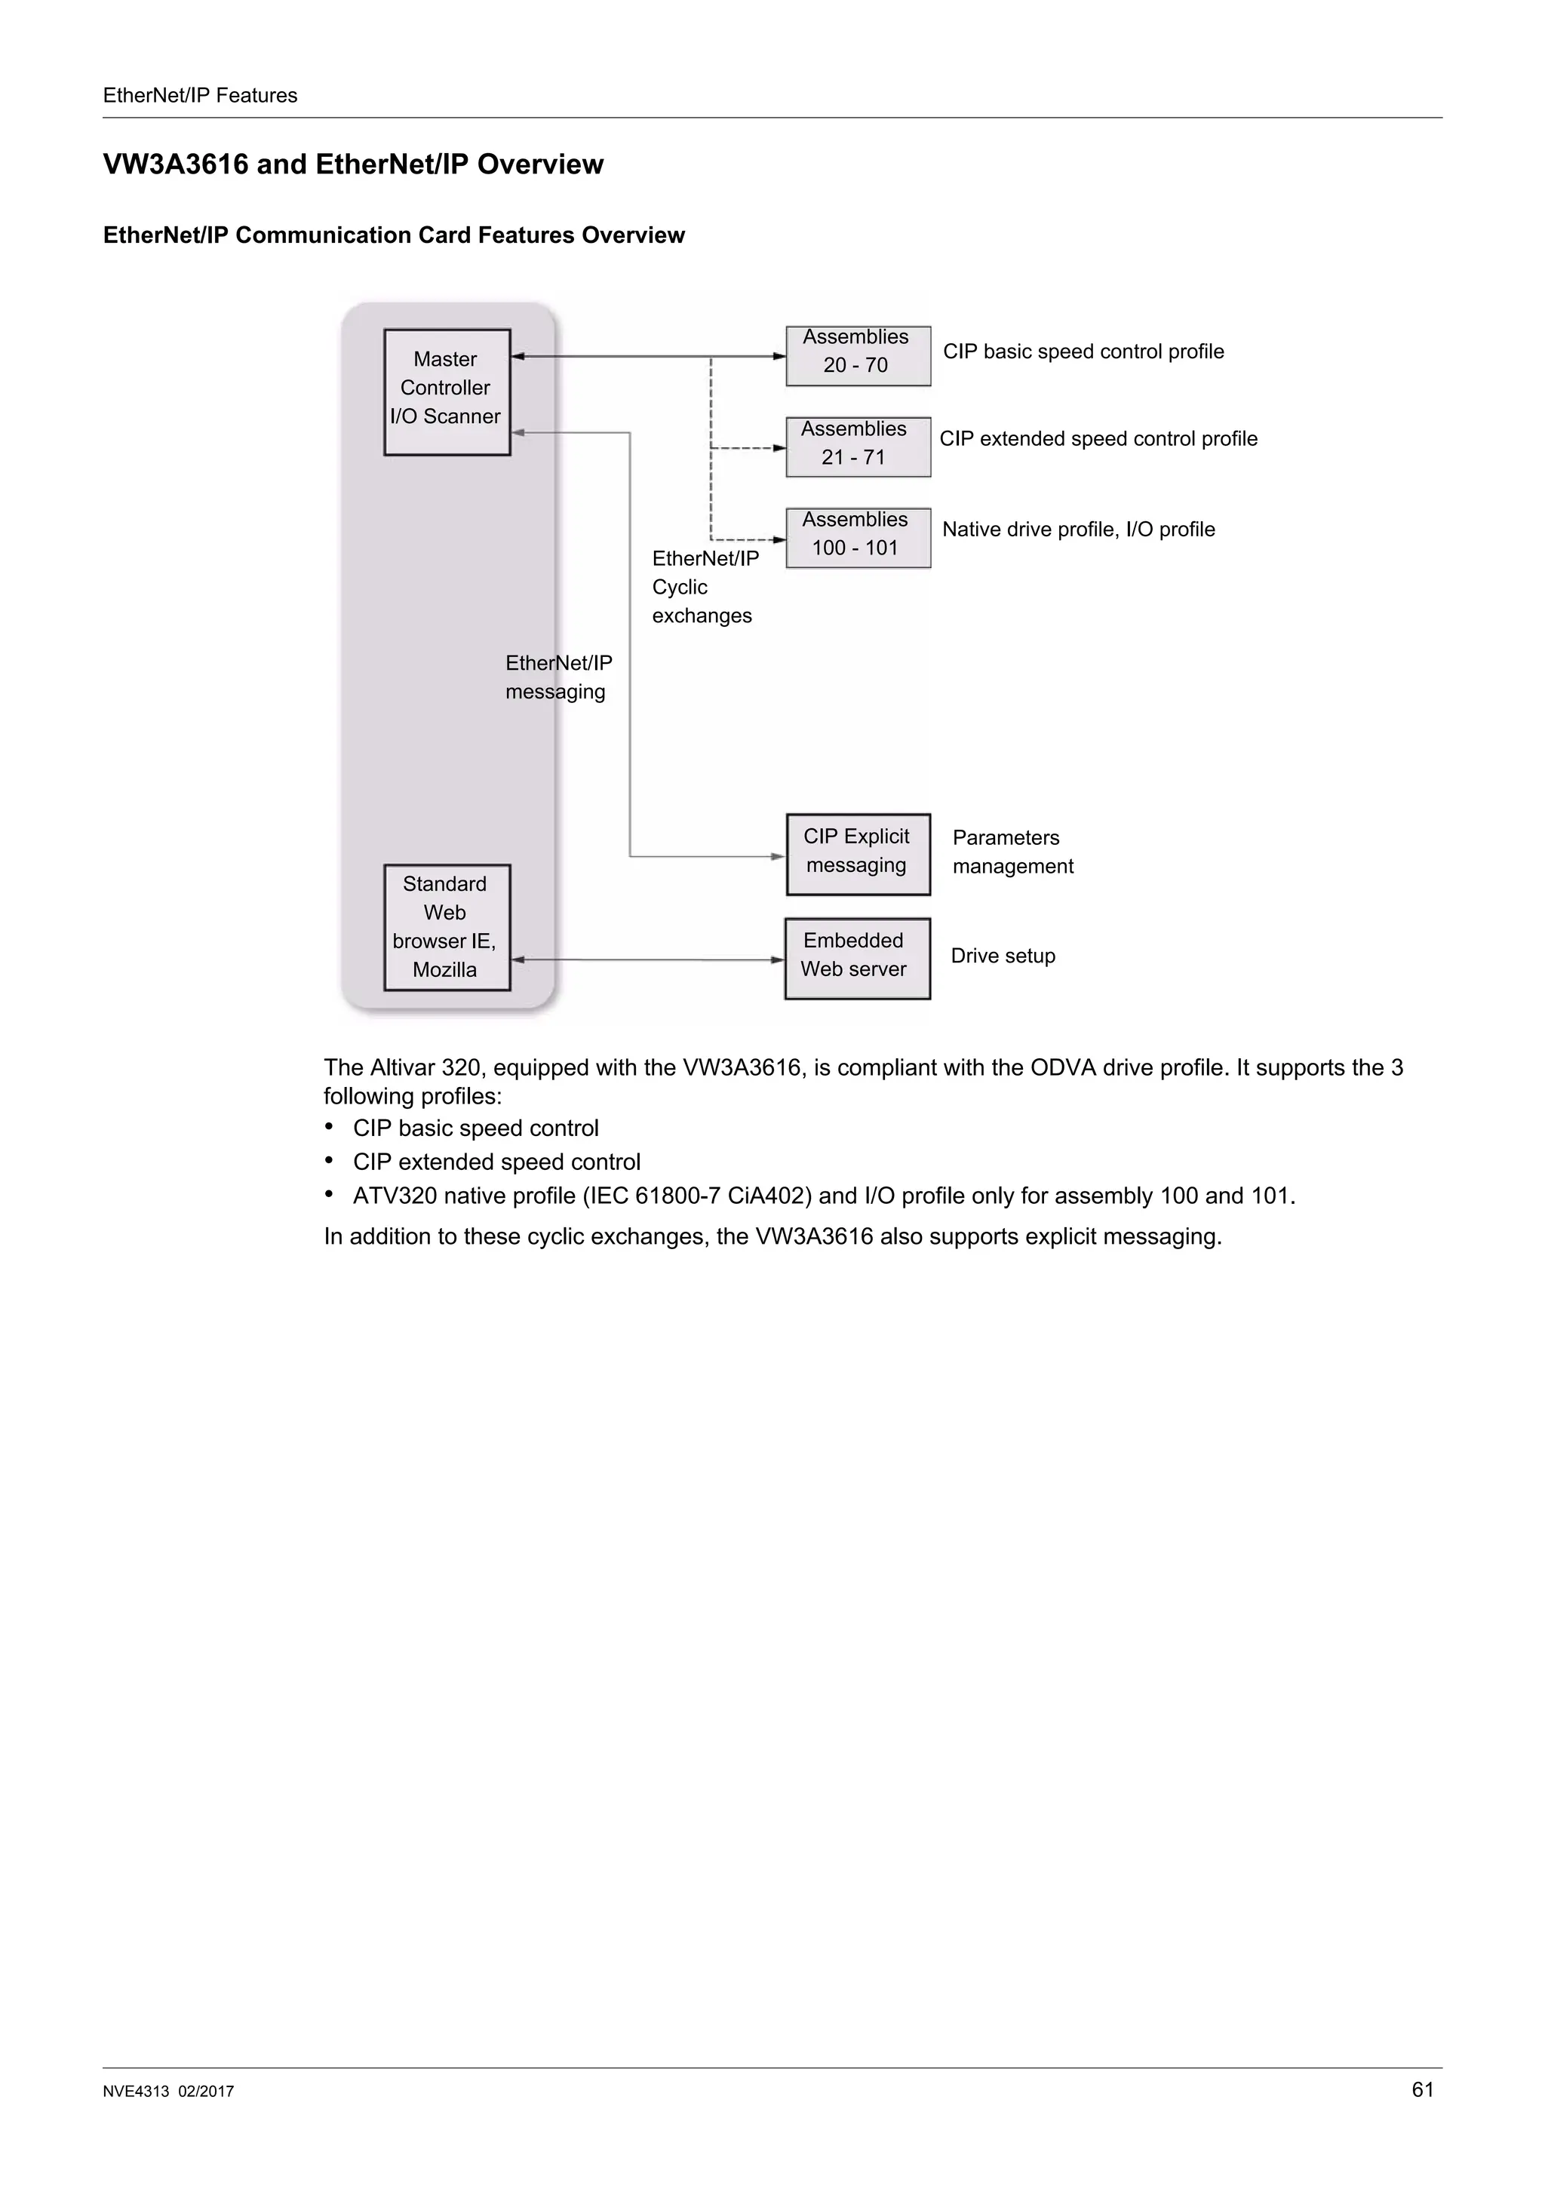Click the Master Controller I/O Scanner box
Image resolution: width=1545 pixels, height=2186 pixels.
447,391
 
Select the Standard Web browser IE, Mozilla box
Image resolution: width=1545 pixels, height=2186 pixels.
447,926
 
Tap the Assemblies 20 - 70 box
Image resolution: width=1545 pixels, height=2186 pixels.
858,355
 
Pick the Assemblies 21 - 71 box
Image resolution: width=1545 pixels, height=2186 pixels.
858,447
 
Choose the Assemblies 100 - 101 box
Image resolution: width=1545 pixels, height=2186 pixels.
858,537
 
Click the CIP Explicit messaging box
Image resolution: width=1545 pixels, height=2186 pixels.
858,853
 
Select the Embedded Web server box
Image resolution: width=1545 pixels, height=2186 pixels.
857,958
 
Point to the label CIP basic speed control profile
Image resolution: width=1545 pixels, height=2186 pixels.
1083,352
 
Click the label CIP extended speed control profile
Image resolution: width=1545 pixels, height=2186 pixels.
1098,439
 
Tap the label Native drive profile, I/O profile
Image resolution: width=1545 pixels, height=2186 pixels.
1077,530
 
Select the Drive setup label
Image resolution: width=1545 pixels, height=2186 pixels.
1003,956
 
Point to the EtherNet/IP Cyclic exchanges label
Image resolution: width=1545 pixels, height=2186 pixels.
704,587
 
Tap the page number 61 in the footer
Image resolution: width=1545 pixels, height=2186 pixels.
1422,2089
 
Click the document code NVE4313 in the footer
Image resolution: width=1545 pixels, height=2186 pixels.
136,2092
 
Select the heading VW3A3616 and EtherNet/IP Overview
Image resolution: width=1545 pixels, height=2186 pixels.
353,164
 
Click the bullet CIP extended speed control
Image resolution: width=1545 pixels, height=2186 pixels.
496,1162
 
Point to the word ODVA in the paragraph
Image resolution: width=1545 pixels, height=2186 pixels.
1062,1067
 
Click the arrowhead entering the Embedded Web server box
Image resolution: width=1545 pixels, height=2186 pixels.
778,959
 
